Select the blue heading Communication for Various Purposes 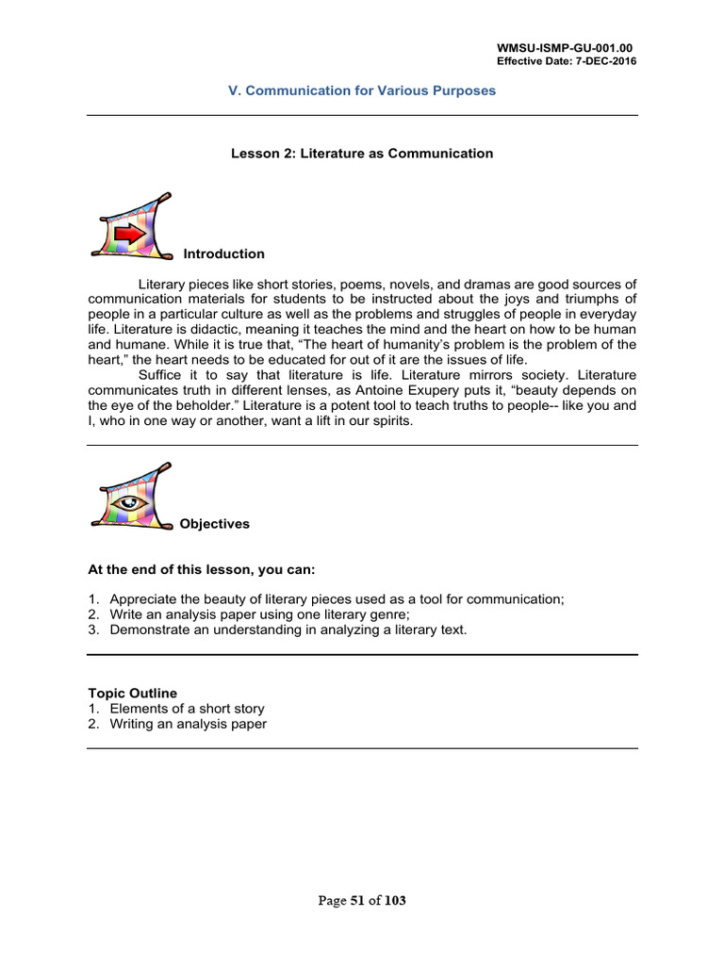[363, 91]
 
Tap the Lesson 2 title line [362, 154]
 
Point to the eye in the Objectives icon [125, 502]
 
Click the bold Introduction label [223, 254]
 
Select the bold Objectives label [215, 524]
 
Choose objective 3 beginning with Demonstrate [288, 630]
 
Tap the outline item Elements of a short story [187, 709]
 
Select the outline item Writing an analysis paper [188, 724]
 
